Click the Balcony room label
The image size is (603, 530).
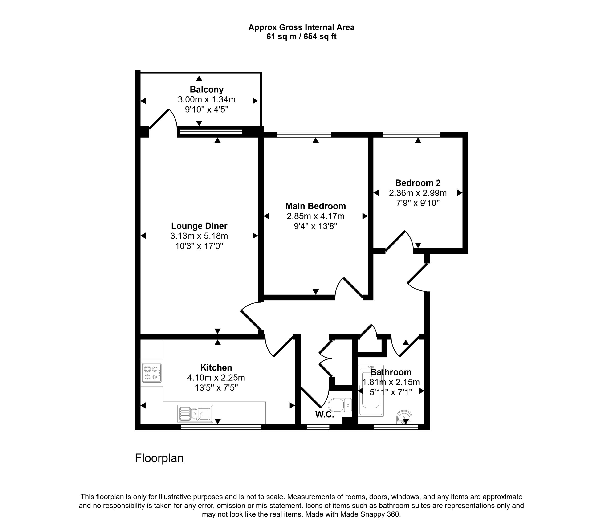coord(207,90)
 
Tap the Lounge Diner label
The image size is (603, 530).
coord(199,226)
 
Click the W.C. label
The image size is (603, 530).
coord(325,415)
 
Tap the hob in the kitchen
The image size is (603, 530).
coord(152,373)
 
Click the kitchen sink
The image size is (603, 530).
coord(195,414)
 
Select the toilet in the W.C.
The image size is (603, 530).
coord(340,405)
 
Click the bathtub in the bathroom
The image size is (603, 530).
coord(371,391)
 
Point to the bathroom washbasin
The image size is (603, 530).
coord(404,417)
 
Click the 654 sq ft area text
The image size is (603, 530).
coord(320,37)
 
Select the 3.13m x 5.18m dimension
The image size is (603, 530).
coord(199,236)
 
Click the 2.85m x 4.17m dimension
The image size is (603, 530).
coord(316,216)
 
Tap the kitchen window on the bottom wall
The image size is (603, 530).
coord(221,427)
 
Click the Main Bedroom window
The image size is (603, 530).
coord(304,135)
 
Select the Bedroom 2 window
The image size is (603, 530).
coord(411,135)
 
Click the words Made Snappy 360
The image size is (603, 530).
coord(370,514)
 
